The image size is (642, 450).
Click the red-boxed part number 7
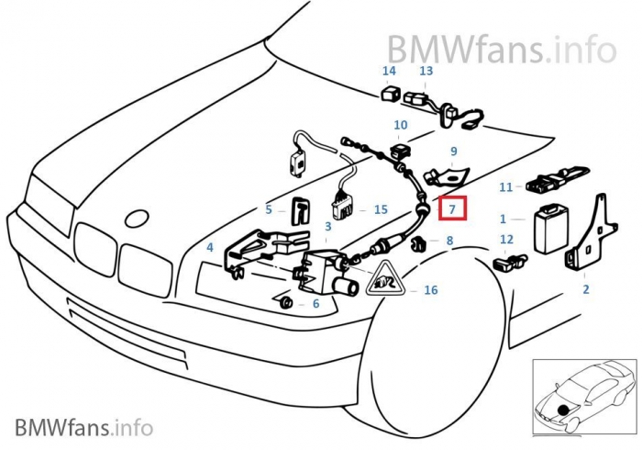point(451,209)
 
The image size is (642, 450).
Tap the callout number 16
point(430,290)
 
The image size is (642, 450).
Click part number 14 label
point(389,71)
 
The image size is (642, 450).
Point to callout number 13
point(426,71)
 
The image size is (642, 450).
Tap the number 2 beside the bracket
point(585,290)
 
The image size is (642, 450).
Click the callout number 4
point(210,248)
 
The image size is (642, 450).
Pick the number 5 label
point(269,209)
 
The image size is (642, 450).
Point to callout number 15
point(382,209)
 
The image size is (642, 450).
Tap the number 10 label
point(401,125)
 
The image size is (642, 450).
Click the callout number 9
point(452,151)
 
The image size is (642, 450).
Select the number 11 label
point(505,187)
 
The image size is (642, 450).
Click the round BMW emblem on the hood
point(137,219)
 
